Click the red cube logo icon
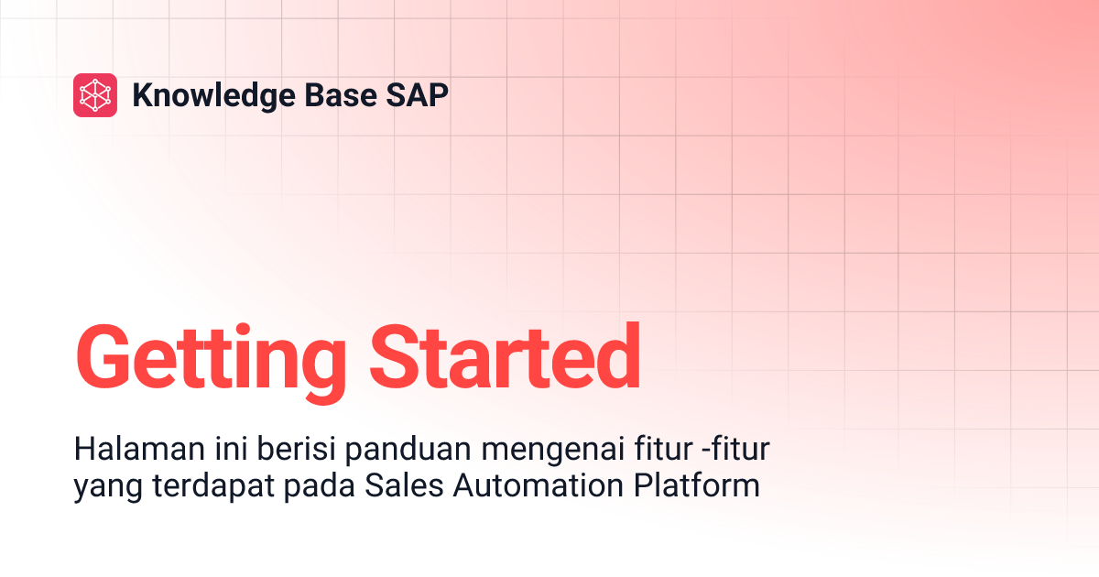tap(95, 95)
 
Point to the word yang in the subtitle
tap(100, 486)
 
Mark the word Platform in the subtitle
tap(697, 484)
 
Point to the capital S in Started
tap(395, 357)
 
